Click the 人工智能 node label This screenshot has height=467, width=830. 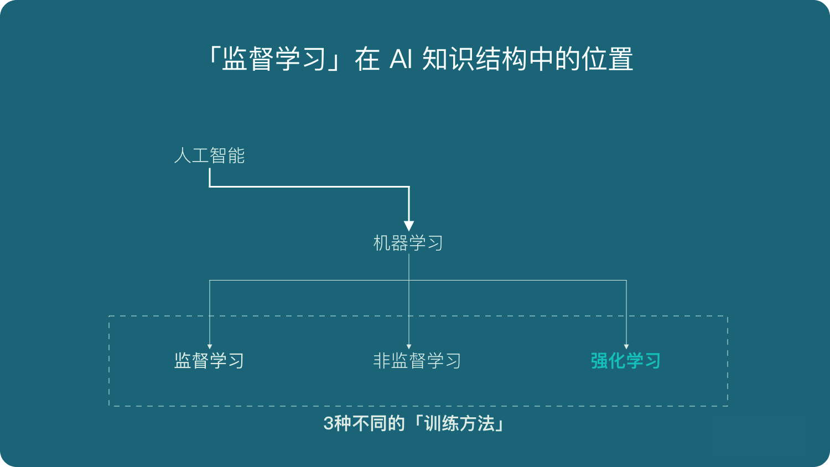tap(209, 155)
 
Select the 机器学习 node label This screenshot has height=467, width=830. tap(408, 243)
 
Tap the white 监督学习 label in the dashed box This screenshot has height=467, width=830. tap(209, 361)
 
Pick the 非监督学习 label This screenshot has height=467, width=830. tap(417, 361)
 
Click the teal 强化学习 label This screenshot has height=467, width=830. tap(626, 361)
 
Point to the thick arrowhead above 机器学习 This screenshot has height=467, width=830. tap(409, 225)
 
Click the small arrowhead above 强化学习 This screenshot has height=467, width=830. tap(626, 346)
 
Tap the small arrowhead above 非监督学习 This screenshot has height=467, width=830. tap(409, 346)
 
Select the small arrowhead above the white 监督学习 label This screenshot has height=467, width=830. tap(210, 346)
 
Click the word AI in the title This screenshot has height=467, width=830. tap(401, 59)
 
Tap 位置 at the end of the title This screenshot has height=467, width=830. tap(607, 59)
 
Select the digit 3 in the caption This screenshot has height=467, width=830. tap(328, 424)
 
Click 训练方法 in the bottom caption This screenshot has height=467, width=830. tap(459, 424)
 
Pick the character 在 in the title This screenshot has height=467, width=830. tap(367, 59)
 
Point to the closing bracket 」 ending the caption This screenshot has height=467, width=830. tap(500, 426)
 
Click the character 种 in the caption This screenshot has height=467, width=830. tap(343, 424)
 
